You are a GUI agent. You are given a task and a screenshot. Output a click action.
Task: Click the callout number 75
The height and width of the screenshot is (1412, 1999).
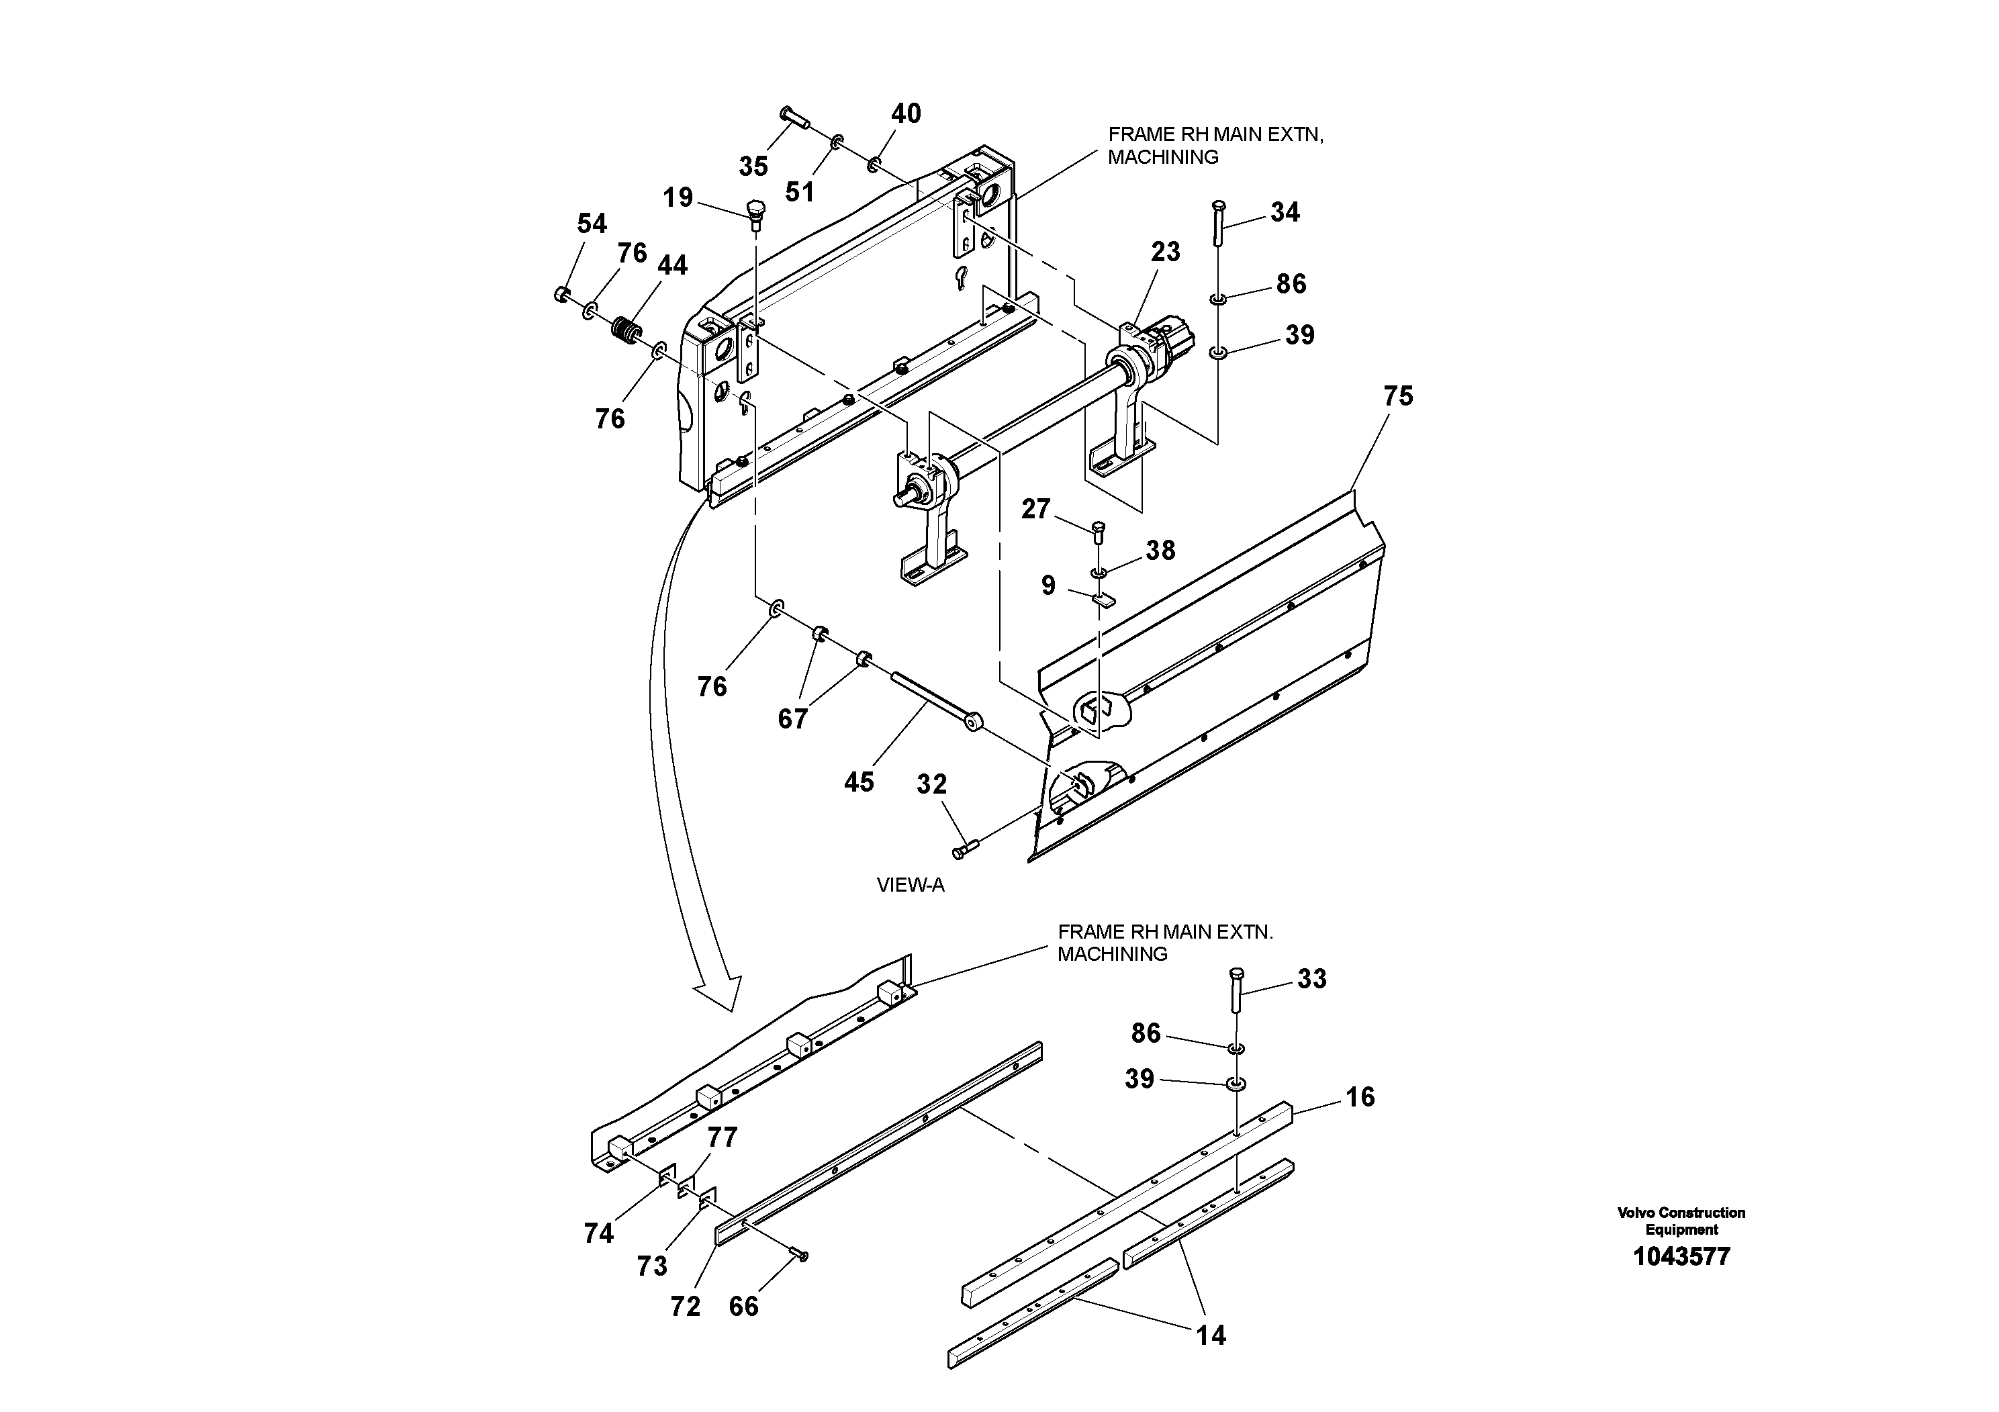(x=1397, y=396)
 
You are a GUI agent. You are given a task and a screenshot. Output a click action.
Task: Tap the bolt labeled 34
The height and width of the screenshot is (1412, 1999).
(x=1218, y=223)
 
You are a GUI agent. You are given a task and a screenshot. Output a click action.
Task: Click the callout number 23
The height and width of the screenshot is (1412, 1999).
(x=1165, y=252)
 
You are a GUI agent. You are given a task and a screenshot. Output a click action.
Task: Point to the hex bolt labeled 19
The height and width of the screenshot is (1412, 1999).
(x=755, y=212)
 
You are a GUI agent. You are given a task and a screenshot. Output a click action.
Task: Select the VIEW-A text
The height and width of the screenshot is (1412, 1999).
(x=910, y=886)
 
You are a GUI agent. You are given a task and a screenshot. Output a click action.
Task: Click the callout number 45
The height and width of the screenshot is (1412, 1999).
(x=858, y=782)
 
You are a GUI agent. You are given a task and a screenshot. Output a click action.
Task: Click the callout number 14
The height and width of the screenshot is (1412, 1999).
(x=1210, y=1335)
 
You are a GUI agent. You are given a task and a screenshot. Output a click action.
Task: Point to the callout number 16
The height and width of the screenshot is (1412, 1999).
(x=1360, y=1097)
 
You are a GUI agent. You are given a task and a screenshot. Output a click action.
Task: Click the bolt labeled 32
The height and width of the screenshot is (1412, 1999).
(x=966, y=847)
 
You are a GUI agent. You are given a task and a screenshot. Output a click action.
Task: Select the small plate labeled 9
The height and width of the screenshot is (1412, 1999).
(x=1103, y=599)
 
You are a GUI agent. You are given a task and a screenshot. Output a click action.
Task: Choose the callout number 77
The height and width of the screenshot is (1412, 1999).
(x=722, y=1137)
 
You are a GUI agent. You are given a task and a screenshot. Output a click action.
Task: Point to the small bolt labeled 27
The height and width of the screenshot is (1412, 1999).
(x=1099, y=530)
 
